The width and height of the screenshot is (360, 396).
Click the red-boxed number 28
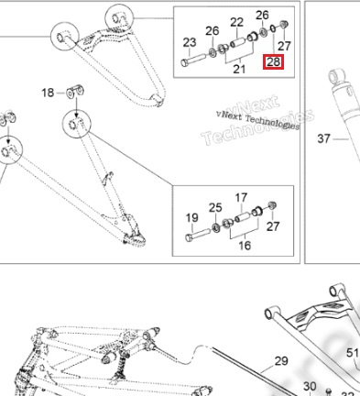click(x=273, y=62)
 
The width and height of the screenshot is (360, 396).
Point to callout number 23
click(x=190, y=42)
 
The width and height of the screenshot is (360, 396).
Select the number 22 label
click(x=237, y=22)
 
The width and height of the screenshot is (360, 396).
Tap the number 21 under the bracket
click(x=239, y=69)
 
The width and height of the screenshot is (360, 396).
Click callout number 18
click(x=48, y=93)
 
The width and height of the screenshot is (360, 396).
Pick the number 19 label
click(x=191, y=218)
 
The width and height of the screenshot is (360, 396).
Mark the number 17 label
click(x=241, y=198)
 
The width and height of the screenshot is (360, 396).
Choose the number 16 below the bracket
click(x=245, y=245)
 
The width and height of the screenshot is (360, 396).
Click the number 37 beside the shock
click(x=324, y=138)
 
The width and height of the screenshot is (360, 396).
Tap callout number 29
click(x=281, y=361)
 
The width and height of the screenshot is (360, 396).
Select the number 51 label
click(x=353, y=353)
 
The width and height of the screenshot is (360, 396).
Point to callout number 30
click(x=310, y=387)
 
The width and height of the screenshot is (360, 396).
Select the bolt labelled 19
click(x=198, y=235)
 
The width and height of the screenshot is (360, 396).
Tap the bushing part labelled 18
click(x=75, y=91)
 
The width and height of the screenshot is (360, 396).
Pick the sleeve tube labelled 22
click(x=238, y=42)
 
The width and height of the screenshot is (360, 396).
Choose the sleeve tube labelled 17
click(x=243, y=217)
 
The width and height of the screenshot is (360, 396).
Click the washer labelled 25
click(x=216, y=227)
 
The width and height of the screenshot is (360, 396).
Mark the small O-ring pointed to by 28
click(x=273, y=28)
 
